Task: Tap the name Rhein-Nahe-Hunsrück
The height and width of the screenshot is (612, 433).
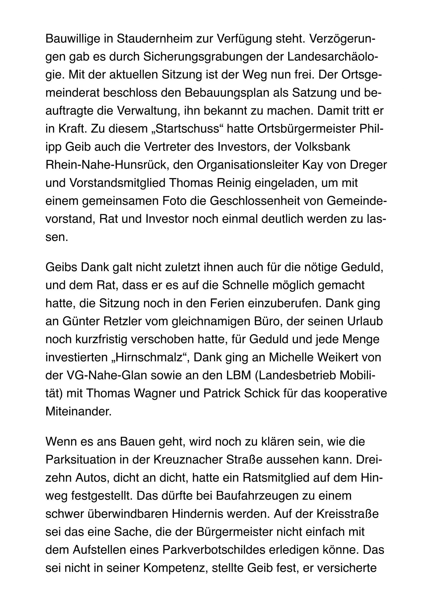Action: click(x=106, y=165)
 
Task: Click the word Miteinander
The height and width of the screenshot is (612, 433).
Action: click(x=78, y=412)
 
